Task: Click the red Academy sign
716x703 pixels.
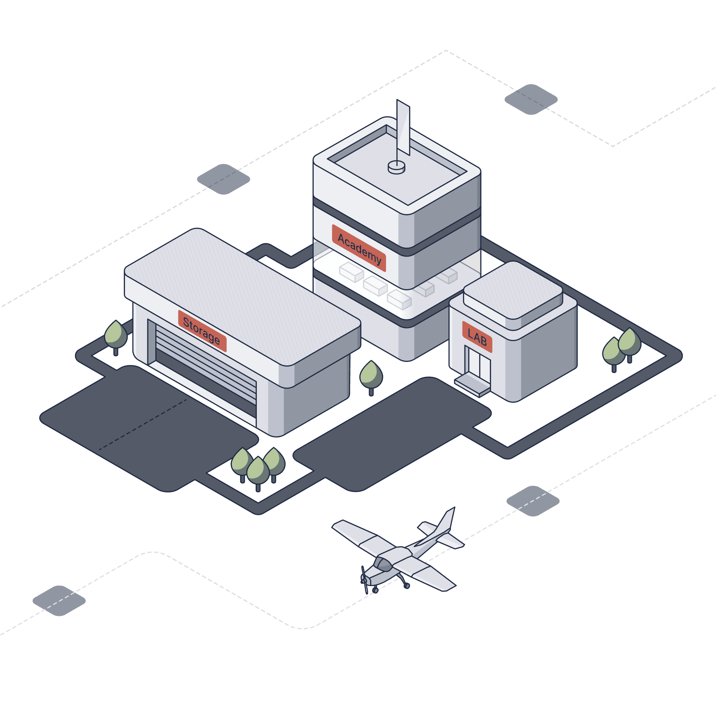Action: [x=359, y=248]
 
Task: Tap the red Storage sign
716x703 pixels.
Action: [x=202, y=331]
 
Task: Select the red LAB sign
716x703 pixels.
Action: [x=477, y=337]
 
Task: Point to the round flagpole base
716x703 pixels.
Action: [x=396, y=167]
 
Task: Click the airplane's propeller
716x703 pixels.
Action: [x=364, y=579]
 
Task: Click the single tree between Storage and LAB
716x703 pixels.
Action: [x=371, y=375]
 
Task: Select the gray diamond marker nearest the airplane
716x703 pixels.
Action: [x=533, y=500]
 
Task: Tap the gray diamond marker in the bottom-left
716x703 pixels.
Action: [x=59, y=600]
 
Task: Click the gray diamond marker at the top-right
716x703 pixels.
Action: [x=531, y=99]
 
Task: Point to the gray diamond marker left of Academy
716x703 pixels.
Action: [x=223, y=179]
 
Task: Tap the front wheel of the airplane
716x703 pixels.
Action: [x=375, y=590]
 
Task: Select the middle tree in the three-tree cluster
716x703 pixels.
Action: [x=258, y=471]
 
